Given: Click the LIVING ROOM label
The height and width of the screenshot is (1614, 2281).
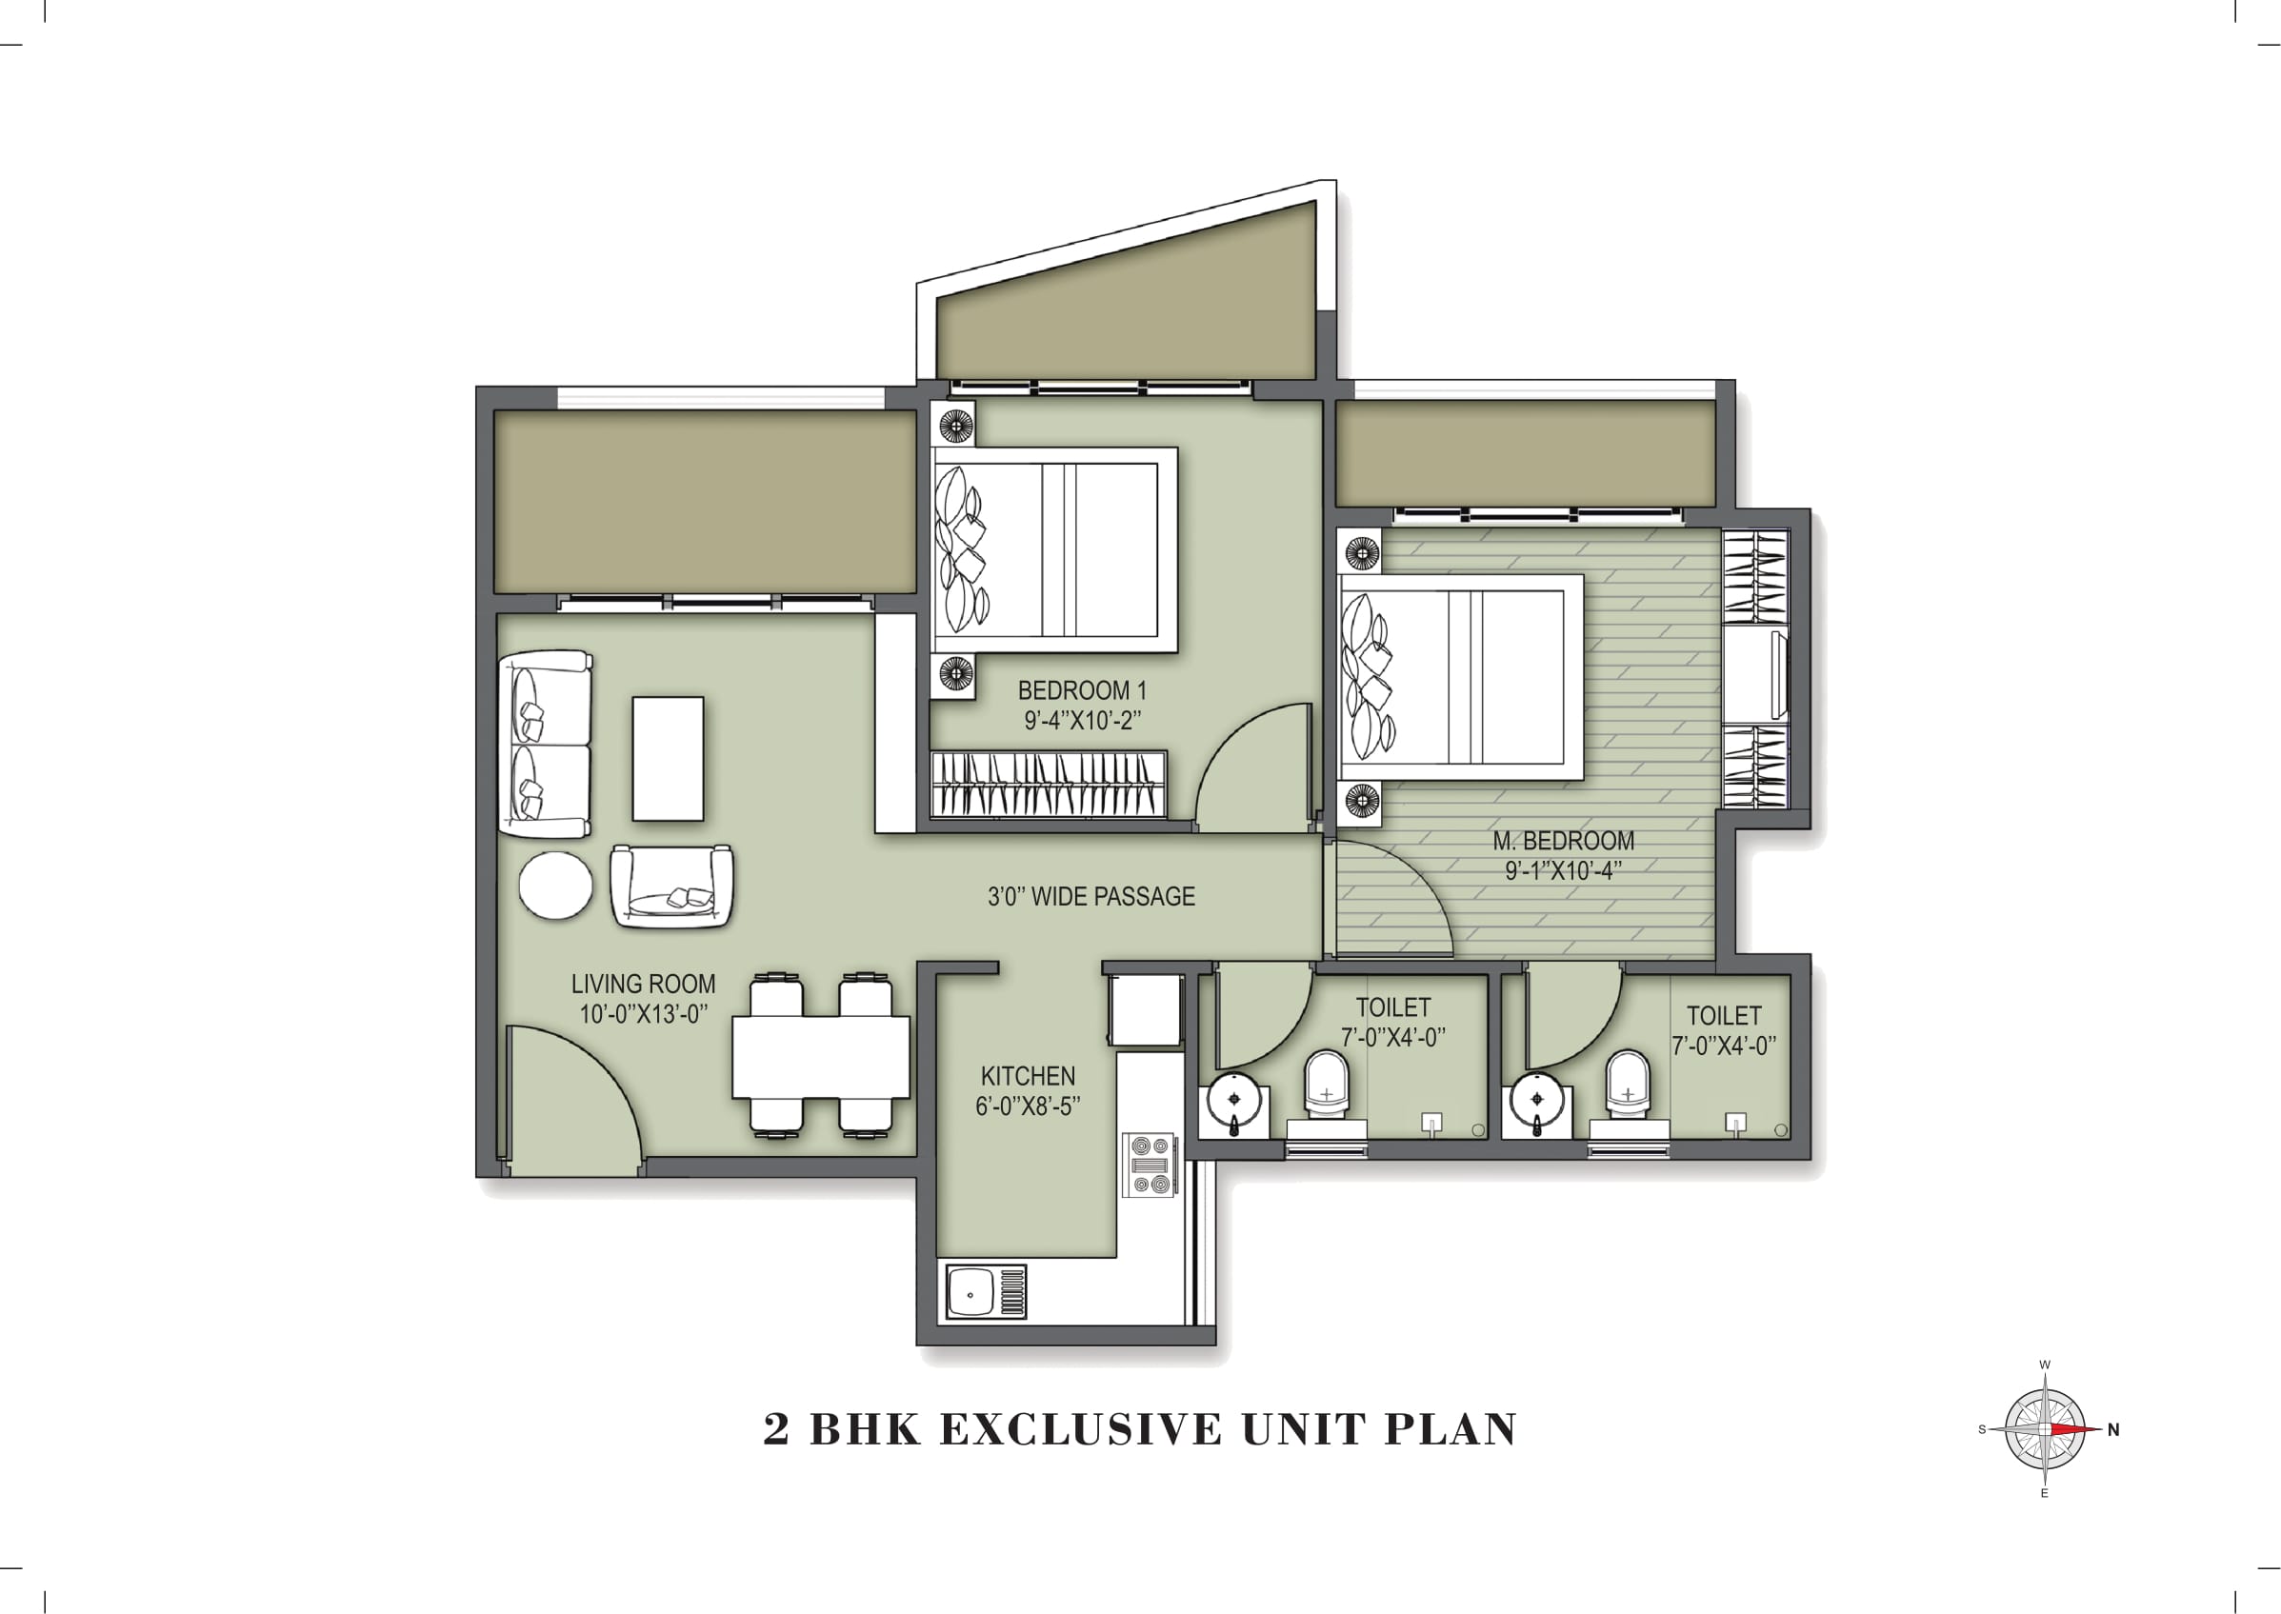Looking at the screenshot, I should pos(643,984).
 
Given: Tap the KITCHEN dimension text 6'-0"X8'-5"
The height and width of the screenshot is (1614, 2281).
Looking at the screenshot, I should pos(1027,1106).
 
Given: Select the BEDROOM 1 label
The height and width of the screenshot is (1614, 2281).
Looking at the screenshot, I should pos(1081,689).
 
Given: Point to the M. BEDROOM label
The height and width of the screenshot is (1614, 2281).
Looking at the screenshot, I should pos(1562,841).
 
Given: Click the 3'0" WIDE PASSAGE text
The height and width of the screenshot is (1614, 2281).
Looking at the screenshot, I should pos(1090,896).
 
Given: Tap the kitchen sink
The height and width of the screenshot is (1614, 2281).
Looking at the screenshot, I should pos(985,1292).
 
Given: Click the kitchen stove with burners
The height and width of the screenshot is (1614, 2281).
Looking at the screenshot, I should pos(1150,1165).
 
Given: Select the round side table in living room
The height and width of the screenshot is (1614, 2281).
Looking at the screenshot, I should pos(555,886).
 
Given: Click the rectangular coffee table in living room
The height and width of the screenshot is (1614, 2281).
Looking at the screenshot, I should pos(668,758).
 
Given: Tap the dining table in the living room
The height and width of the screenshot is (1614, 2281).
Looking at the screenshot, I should pos(821,1056).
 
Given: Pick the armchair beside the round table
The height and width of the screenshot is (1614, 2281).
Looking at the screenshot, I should pos(671,887).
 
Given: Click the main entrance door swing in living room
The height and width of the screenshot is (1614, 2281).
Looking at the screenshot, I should pos(571,1098).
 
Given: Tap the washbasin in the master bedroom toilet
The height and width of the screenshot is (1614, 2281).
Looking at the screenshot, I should pos(1537,1101).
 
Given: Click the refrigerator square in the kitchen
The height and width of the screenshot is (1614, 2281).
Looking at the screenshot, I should pos(1146,1007).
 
